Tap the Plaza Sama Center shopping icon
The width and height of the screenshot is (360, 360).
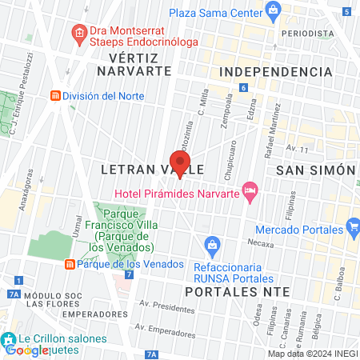(274, 10)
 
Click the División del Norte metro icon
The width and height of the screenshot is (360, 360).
(54, 95)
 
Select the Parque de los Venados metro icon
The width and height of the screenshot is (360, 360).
(70, 265)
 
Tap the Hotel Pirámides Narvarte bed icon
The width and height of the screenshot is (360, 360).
(250, 190)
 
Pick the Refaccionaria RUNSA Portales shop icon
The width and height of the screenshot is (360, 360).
(212, 242)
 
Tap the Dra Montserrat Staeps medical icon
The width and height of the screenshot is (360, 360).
(78, 33)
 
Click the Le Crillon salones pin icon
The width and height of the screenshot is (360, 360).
(7, 338)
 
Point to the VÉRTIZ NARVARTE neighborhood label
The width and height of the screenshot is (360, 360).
(134, 64)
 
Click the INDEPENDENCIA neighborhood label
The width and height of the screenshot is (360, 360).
(274, 72)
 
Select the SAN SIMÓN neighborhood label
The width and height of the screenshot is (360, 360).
(314, 170)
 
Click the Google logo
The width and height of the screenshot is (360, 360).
(27, 350)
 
